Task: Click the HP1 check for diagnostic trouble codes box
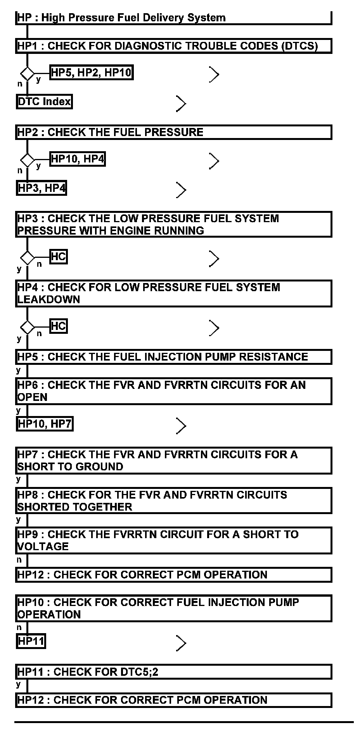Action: [173, 46]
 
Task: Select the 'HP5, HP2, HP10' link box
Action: [92, 73]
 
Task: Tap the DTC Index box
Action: [44, 102]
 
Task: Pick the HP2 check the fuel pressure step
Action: [173, 132]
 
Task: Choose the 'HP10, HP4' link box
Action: [78, 159]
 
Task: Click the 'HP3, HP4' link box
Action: [42, 188]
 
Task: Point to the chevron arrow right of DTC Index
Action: [181, 104]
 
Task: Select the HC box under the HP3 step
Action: [59, 257]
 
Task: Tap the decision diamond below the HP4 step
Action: [27, 327]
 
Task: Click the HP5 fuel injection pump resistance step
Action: [173, 357]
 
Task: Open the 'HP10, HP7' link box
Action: [45, 424]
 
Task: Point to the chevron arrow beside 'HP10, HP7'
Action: [181, 426]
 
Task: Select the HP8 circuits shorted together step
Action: [173, 501]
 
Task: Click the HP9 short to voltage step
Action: [173, 540]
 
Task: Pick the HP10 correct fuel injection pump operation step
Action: [173, 608]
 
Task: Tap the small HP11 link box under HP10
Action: [31, 641]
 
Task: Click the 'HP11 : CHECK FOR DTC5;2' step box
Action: [173, 672]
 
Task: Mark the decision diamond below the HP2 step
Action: [27, 159]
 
